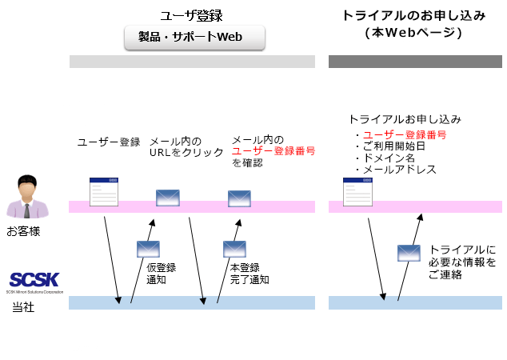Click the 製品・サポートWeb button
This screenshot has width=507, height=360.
tap(194, 38)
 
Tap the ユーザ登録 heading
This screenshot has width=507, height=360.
tap(192, 15)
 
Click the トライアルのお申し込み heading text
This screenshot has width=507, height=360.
tap(414, 15)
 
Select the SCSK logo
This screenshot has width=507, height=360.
tap(34, 282)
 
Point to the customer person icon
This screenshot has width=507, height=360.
tap(27, 197)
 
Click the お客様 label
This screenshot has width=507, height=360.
tap(23, 231)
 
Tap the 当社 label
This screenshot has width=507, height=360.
tap(23, 306)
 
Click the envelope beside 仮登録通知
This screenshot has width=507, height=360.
tap(149, 249)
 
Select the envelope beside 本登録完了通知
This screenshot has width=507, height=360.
tap(235, 249)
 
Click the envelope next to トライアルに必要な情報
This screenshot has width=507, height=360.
tap(409, 253)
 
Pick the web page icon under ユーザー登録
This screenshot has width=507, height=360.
tap(104, 192)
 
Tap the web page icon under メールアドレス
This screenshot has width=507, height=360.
tap(357, 192)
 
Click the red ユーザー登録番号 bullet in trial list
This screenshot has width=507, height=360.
tap(405, 135)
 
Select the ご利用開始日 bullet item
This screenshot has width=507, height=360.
tap(393, 146)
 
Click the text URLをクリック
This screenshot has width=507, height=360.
tap(186, 152)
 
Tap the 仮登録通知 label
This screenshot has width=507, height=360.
tap(161, 274)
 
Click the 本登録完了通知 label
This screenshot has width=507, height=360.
tap(250, 274)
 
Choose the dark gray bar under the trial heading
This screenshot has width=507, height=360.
tap(415, 62)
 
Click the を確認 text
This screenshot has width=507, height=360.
tap(247, 162)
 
